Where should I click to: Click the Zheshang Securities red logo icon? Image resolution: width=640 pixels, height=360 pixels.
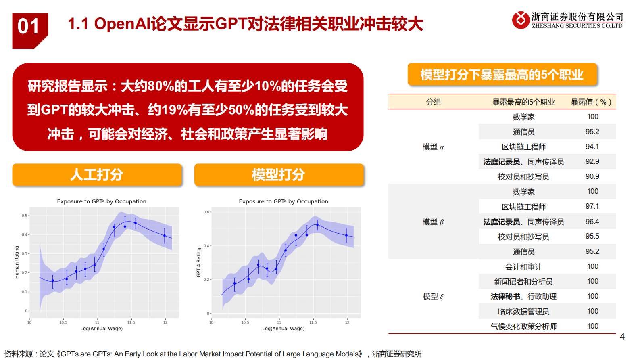520,20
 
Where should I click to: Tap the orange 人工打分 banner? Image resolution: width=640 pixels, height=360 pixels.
97,175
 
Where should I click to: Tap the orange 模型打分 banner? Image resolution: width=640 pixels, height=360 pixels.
279,175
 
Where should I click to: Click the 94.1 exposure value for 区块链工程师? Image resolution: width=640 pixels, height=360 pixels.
592,147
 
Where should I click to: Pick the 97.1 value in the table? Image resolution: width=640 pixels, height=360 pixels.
592,206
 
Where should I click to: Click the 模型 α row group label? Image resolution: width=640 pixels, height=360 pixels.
433,147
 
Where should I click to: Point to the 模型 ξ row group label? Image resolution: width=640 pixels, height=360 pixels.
433,297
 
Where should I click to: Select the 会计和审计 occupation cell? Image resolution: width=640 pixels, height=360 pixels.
523,267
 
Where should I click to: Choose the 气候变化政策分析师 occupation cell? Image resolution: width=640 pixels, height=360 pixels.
523,327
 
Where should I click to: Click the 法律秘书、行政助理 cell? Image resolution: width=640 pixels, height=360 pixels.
523,297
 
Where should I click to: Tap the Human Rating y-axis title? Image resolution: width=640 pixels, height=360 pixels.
17,262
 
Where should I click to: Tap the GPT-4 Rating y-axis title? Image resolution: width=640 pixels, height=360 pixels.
198,262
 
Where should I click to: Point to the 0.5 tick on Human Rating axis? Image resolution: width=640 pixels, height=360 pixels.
25,216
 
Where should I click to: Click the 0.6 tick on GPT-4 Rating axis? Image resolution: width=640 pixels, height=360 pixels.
206,212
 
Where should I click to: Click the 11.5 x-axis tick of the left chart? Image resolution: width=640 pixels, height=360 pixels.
131,322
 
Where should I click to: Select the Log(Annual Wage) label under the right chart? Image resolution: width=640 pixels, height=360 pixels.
283,329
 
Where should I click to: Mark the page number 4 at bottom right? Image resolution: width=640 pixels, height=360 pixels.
622,337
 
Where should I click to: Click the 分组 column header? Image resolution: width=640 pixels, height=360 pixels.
433,102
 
